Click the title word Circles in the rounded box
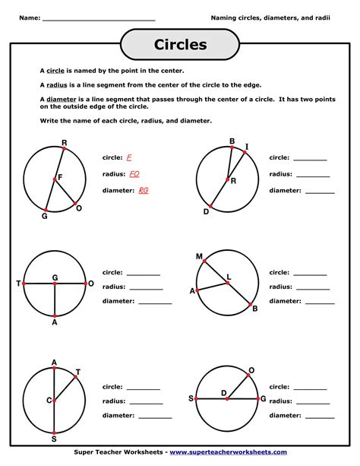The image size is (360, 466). click(180, 45)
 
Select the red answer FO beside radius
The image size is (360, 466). click(134, 173)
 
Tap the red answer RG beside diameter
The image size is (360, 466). click(143, 190)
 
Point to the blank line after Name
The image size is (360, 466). click(99, 17)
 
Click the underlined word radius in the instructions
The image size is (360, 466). click(58, 86)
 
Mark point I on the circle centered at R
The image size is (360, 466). click(245, 152)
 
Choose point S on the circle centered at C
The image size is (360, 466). click(54, 433)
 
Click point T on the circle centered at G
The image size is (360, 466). click(24, 284)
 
